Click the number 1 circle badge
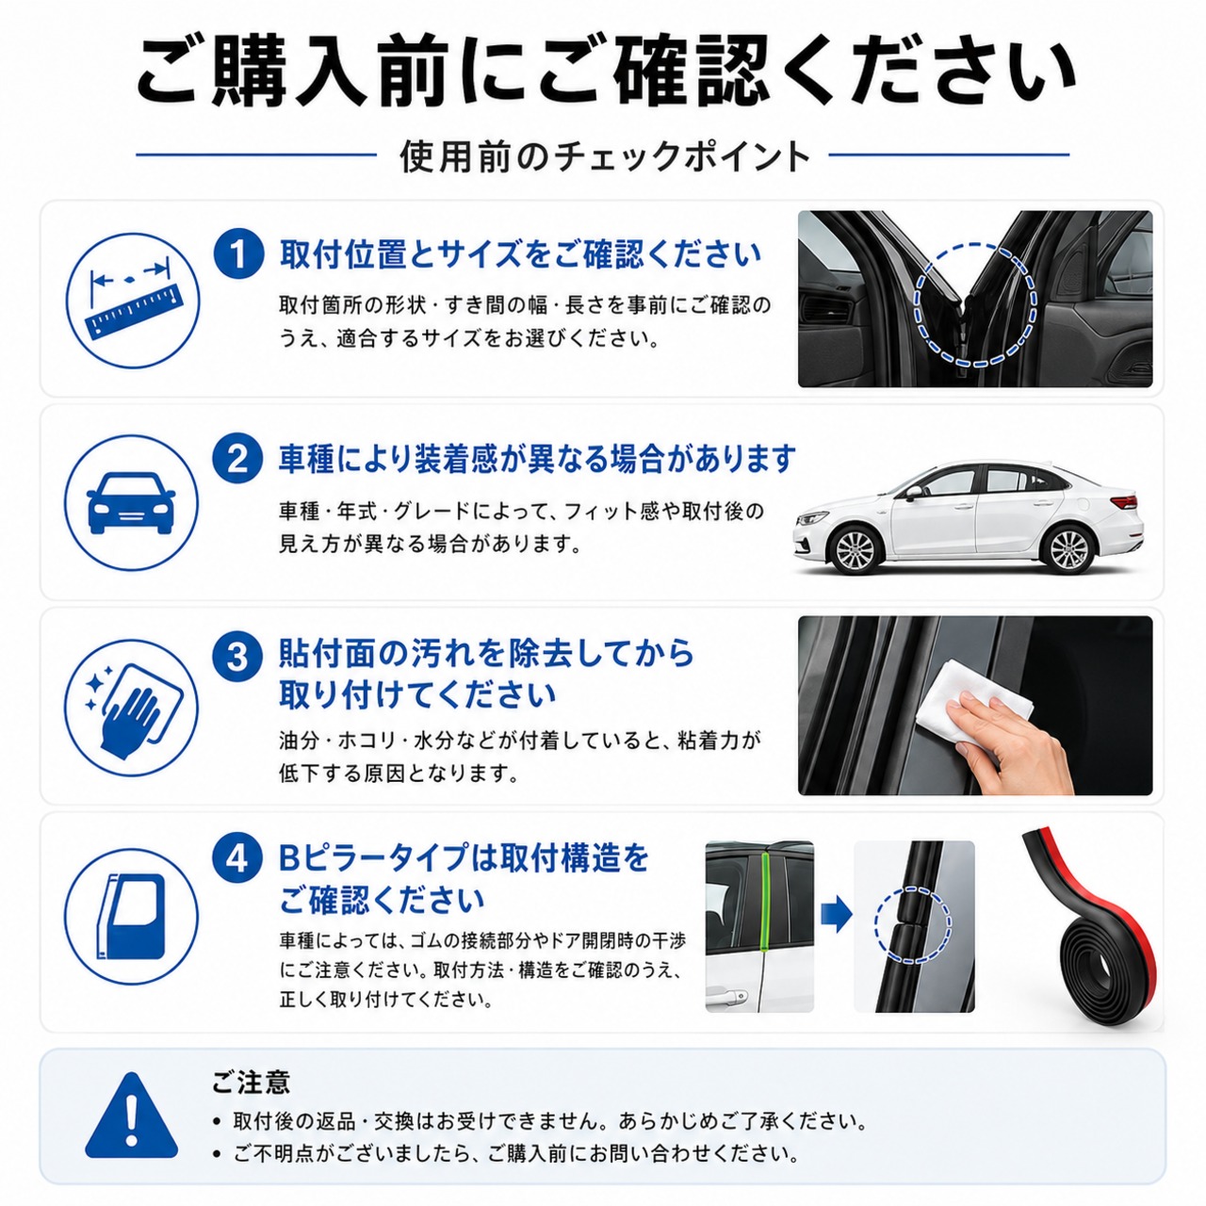click(x=238, y=254)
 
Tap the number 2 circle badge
click(x=238, y=458)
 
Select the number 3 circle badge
click(x=238, y=659)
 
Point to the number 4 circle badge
click(x=238, y=859)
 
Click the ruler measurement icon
click(x=132, y=301)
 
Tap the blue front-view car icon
click(x=131, y=502)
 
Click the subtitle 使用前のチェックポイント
click(x=605, y=155)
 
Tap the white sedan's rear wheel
click(x=1068, y=549)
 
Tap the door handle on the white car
click(x=730, y=995)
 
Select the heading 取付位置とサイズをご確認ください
click(x=520, y=254)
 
